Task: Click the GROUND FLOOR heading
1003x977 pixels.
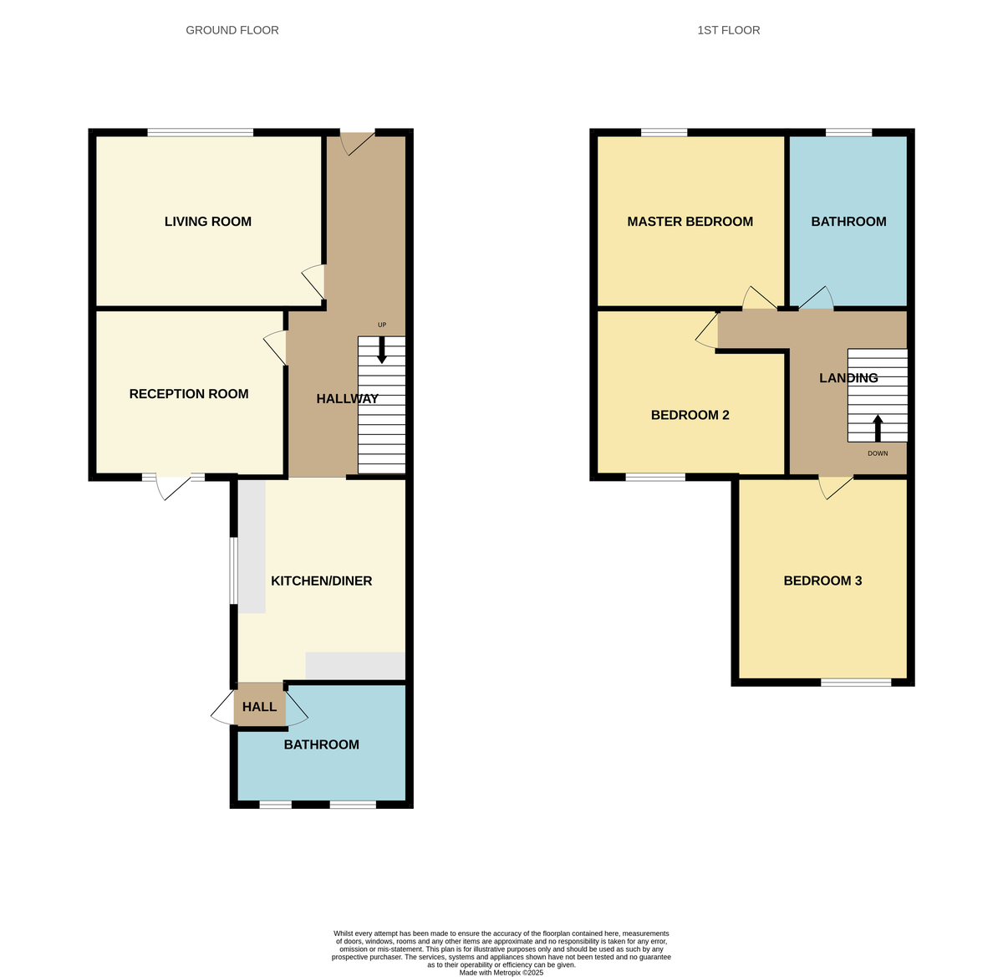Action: coord(232,30)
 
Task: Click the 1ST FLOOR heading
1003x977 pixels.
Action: coord(728,30)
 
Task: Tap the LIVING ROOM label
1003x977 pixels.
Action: coord(207,222)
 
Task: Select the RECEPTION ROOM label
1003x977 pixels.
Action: coord(189,394)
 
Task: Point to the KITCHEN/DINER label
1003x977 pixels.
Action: coord(321,581)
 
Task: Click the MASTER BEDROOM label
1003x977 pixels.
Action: coord(690,222)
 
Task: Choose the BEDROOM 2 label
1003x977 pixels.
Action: coord(690,415)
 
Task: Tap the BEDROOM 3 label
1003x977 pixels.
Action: coord(822,581)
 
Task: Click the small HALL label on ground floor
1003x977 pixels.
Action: coord(259,707)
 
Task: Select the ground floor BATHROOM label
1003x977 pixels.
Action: coord(321,744)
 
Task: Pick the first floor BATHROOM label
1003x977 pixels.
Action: coord(848,222)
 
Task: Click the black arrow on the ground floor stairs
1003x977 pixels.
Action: coord(382,350)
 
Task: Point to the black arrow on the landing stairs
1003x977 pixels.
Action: coord(878,427)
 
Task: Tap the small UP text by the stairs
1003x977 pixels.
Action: coord(382,325)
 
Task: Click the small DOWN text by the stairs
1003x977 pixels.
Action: coord(878,453)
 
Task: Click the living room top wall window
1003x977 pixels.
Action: coord(201,132)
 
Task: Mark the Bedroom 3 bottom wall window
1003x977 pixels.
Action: coord(856,683)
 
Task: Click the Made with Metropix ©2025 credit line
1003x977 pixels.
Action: coord(501,973)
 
